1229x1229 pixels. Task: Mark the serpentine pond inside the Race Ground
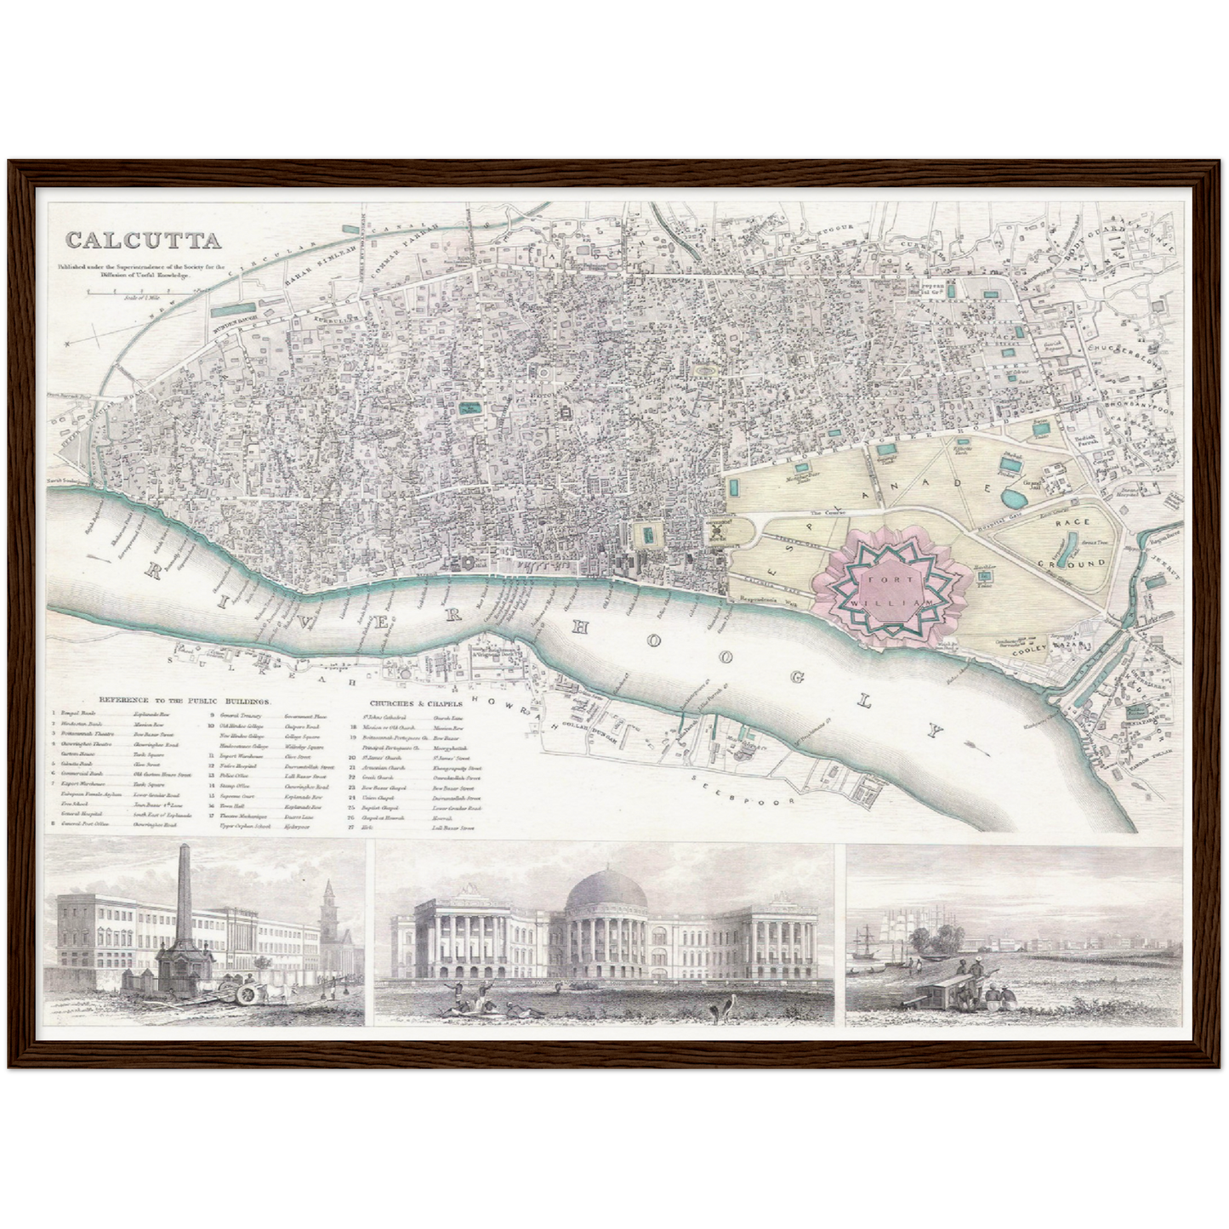(x=1070, y=542)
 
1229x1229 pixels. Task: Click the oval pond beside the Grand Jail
(x=1015, y=497)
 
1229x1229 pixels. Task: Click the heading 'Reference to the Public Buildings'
(x=185, y=702)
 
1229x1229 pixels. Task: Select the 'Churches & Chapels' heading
(x=416, y=703)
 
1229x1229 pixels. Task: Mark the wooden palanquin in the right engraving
(x=945, y=988)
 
